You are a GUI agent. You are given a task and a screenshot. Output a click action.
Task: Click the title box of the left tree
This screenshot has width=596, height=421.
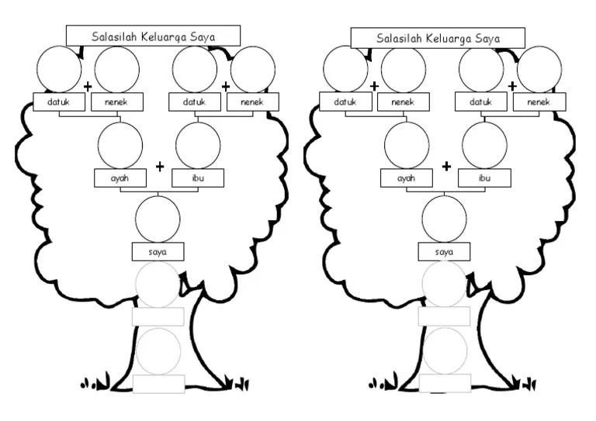153,36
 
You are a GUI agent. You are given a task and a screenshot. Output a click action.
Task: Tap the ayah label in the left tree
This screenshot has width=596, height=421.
120,178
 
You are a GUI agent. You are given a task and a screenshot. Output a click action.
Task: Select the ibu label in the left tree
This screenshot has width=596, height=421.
196,178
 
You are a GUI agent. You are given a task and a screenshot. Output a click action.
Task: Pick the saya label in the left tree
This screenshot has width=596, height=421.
158,251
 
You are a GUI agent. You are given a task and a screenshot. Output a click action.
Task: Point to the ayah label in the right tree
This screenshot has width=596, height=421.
406,178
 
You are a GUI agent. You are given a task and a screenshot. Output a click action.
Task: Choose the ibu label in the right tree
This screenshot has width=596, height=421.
483,178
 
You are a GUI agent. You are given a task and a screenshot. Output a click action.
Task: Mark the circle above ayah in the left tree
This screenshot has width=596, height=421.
120,145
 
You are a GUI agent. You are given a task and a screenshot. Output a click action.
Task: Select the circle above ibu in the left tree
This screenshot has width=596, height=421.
198,145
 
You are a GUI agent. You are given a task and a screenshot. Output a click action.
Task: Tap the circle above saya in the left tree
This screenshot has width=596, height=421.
158,219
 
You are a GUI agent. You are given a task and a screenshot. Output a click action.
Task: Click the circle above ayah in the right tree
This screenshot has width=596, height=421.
407,145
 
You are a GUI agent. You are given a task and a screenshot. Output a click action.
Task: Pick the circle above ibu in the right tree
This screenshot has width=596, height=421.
484,145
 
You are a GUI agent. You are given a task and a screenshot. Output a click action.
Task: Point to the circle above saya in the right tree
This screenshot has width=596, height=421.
444,219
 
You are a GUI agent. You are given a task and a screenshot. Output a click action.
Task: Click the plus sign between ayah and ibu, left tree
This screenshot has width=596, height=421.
160,166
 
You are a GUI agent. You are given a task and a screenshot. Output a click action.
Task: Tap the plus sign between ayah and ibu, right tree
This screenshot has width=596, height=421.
446,166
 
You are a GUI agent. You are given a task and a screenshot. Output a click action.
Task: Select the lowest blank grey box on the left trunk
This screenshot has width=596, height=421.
158,384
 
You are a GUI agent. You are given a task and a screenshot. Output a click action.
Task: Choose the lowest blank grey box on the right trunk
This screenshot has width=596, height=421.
445,384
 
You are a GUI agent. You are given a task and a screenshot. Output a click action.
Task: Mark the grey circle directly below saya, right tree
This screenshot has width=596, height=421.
444,285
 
